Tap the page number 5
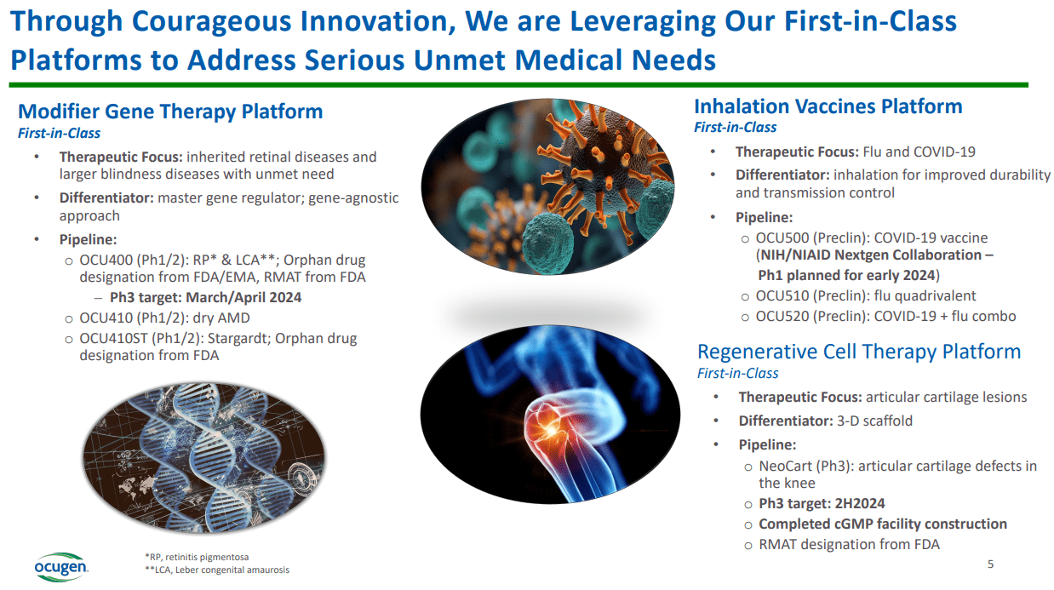[x=990, y=564]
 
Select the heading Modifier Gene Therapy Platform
[x=170, y=112]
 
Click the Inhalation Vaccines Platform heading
[x=828, y=106]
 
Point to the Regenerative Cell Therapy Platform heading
[x=858, y=352]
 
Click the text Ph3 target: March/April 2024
[x=205, y=297]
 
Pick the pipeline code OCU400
[x=104, y=261]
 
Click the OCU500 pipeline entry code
[x=782, y=238]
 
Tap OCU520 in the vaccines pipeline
[x=782, y=316]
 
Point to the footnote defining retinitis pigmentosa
[x=197, y=556]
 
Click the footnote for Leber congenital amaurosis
[x=216, y=570]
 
